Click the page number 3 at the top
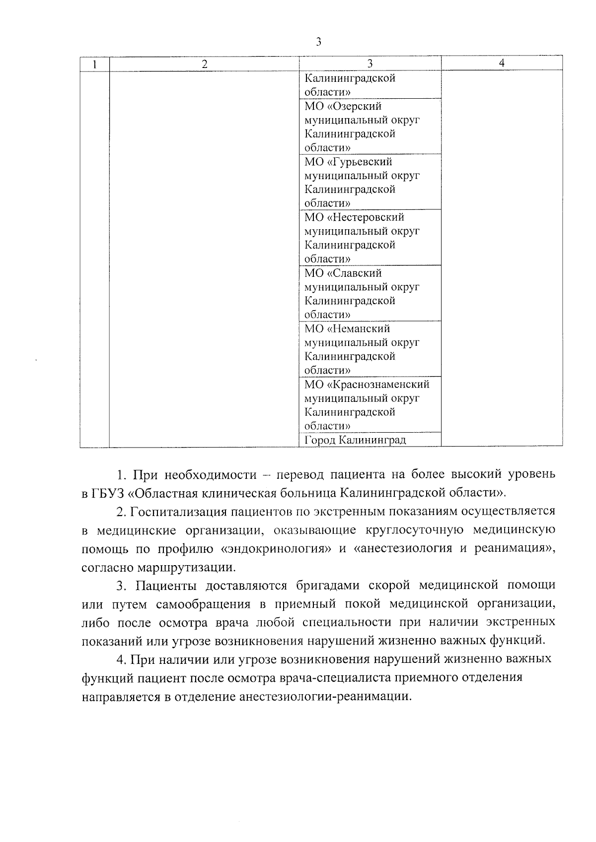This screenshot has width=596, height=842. coord(318,42)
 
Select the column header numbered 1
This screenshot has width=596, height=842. coord(94,64)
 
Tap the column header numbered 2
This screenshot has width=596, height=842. coord(204,64)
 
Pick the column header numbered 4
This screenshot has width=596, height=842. coord(502,63)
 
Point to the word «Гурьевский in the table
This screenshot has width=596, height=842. coord(360,162)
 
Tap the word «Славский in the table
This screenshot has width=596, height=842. coord(354,273)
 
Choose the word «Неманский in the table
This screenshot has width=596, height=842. coord(359,329)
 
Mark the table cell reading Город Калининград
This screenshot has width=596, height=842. coord(355,440)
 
